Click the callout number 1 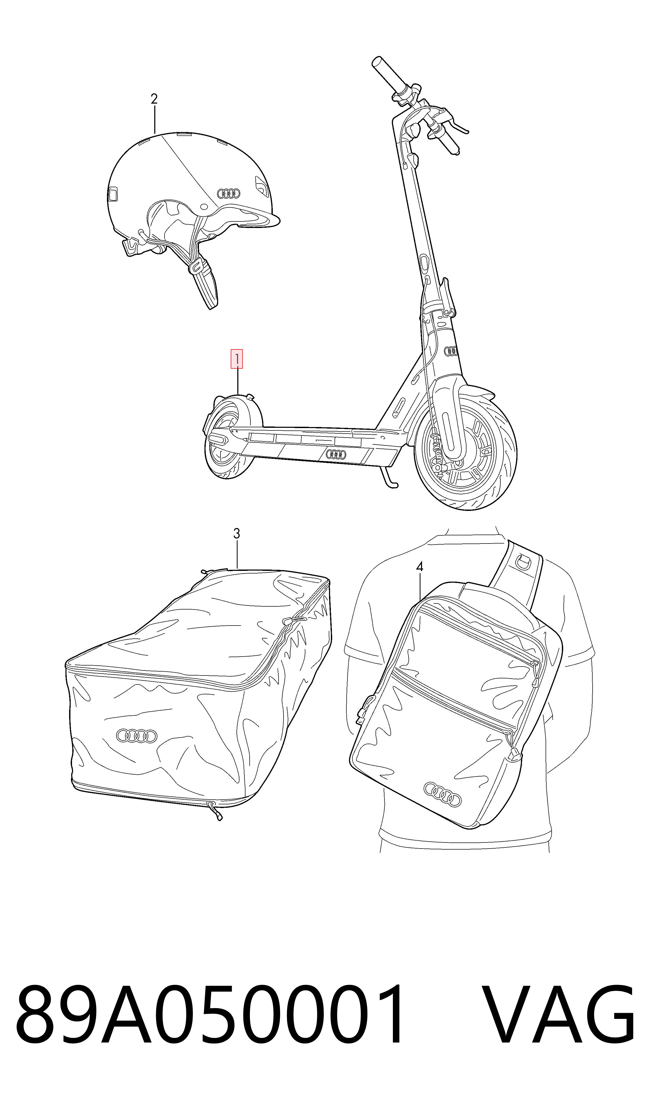[237, 359]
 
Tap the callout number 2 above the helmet [154, 99]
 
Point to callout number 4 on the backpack [420, 567]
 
